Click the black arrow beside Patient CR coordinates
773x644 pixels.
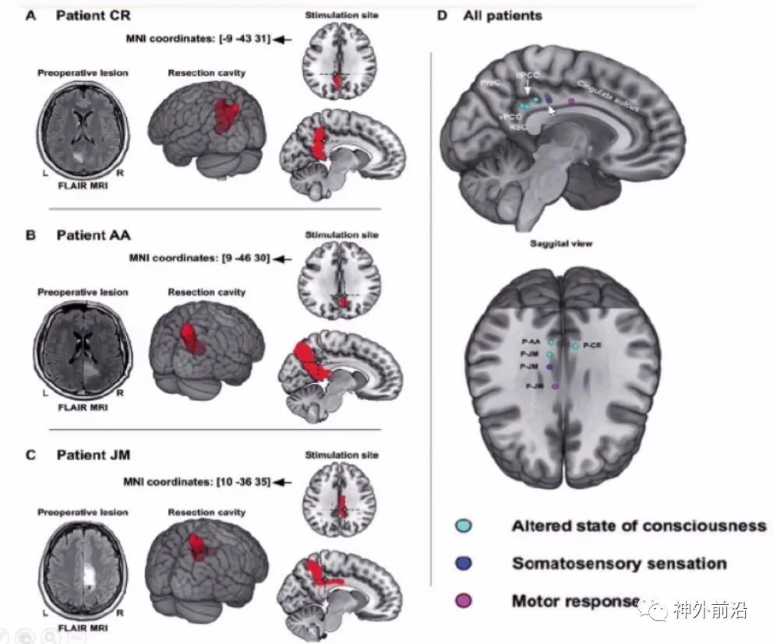283,38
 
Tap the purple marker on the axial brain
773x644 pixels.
555,386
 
